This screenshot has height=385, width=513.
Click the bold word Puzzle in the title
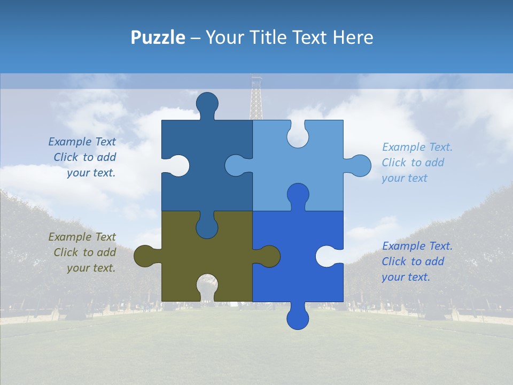pos(158,37)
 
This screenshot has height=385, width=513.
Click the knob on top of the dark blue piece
pos(207,103)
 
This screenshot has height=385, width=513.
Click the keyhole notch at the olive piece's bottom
pos(207,289)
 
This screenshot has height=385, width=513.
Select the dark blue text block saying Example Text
pos(83,157)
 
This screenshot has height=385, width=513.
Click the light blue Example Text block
pos(417,163)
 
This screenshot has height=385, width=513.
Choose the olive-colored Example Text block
pos(83,252)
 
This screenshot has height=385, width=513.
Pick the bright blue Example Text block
pos(417,261)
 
